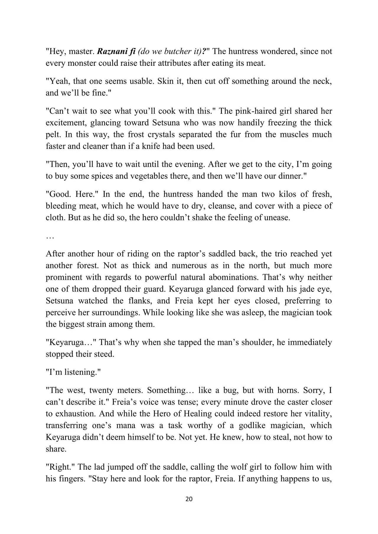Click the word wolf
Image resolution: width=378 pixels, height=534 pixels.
pyautogui.click(x=247, y=467)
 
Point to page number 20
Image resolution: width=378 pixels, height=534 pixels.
pyautogui.click(x=189, y=499)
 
